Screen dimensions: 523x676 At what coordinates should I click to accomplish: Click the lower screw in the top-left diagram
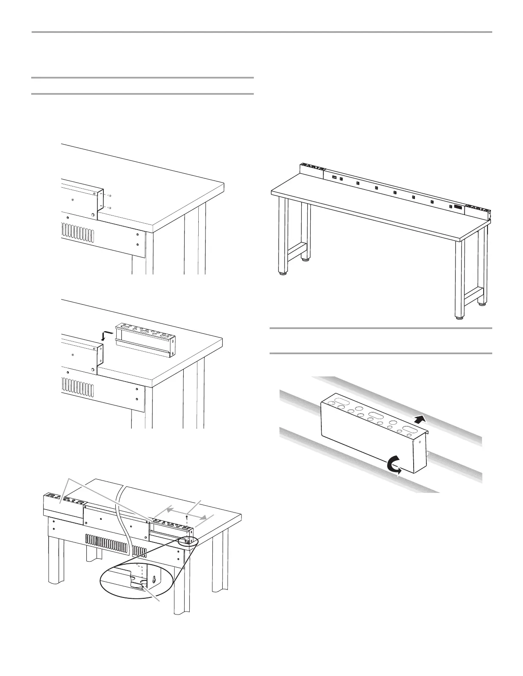point(110,208)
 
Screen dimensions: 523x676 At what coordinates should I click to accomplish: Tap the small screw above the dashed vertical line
point(187,516)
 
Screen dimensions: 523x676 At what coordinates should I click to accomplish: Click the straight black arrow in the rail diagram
point(420,419)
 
